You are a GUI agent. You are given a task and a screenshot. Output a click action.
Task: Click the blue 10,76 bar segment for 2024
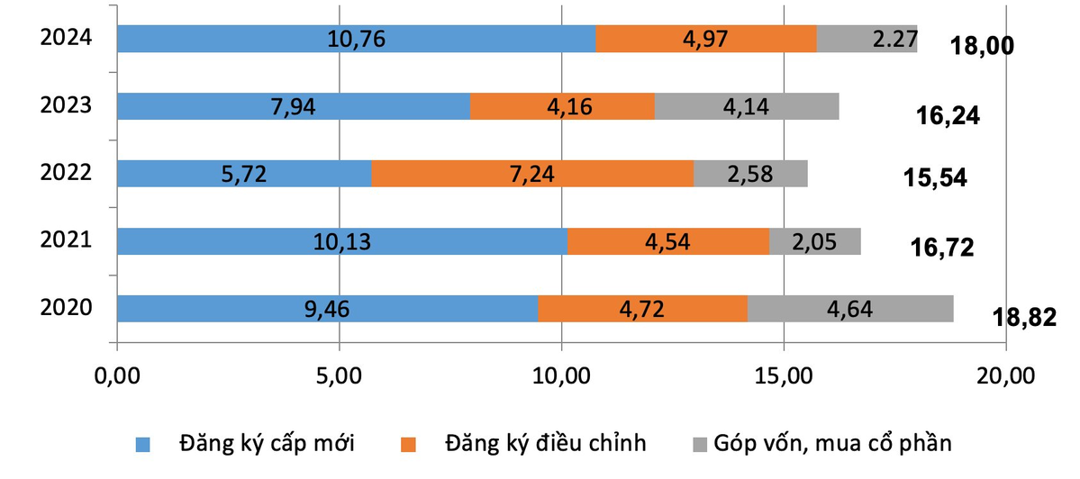pyautogui.click(x=356, y=39)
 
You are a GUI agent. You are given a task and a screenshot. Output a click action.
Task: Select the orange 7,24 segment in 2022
pyautogui.click(x=532, y=173)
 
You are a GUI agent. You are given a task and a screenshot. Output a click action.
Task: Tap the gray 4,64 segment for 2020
pyautogui.click(x=850, y=308)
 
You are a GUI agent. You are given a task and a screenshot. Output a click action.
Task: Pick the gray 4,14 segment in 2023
pyautogui.click(x=747, y=106)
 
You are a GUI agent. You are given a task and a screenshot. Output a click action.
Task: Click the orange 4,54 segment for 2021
pyautogui.click(x=668, y=241)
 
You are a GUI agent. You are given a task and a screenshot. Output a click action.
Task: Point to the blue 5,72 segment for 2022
pyautogui.click(x=244, y=173)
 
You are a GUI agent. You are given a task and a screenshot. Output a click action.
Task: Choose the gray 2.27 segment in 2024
pyautogui.click(x=867, y=39)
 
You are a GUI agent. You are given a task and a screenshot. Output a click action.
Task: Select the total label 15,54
pyautogui.click(x=935, y=177)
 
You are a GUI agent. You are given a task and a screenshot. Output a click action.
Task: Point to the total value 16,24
pyautogui.click(x=947, y=116)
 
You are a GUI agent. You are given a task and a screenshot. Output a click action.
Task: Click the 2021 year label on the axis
pyautogui.click(x=66, y=240)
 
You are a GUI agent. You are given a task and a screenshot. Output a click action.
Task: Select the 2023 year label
pyautogui.click(x=66, y=105)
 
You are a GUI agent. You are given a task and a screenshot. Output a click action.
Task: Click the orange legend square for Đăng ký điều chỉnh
pyautogui.click(x=409, y=444)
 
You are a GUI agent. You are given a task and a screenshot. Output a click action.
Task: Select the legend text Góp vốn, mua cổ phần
pyautogui.click(x=831, y=443)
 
